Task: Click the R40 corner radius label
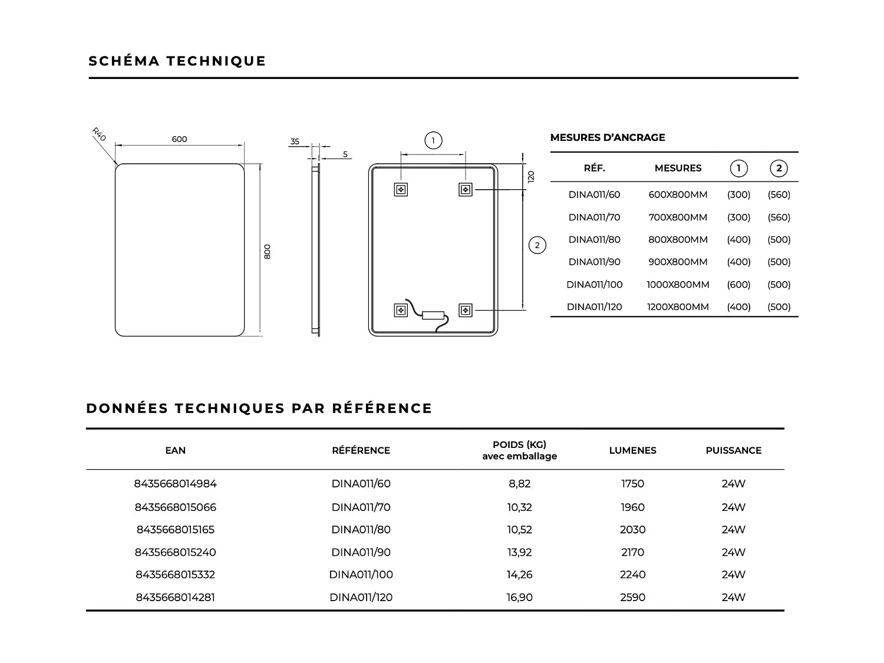(x=98, y=134)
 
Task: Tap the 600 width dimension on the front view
(x=179, y=139)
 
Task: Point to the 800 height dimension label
(x=267, y=252)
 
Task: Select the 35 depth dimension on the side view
(x=295, y=141)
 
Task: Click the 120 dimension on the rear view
(x=530, y=176)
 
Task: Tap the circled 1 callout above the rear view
(x=433, y=140)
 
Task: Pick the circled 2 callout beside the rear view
(x=537, y=245)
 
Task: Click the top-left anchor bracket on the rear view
(x=401, y=189)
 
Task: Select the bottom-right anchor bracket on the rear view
(x=466, y=310)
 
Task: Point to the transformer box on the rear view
(x=433, y=315)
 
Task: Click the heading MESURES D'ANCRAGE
(x=608, y=137)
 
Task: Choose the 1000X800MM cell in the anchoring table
(x=678, y=285)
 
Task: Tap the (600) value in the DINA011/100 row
(x=738, y=285)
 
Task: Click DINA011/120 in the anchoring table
(x=594, y=307)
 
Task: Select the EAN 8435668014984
(x=176, y=484)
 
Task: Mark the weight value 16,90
(x=519, y=598)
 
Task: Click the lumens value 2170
(x=632, y=552)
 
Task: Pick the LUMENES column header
(x=632, y=450)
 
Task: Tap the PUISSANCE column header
(x=733, y=450)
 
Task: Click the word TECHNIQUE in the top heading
(x=216, y=61)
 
